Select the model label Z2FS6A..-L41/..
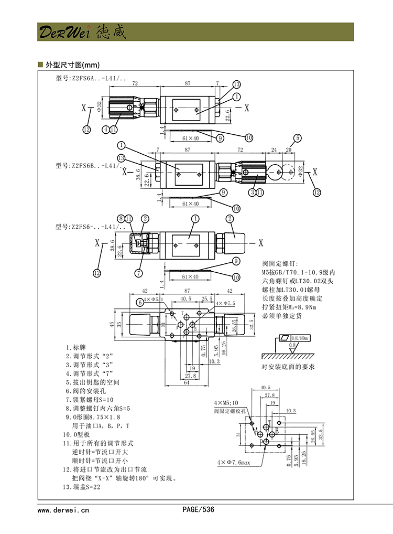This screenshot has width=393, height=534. click(x=90, y=79)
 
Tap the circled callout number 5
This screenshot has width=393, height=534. click(x=298, y=138)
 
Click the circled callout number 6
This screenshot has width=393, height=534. click(x=139, y=302)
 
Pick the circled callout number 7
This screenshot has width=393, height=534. click(x=139, y=272)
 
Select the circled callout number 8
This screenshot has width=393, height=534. click(x=121, y=219)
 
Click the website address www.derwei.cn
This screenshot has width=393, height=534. click(x=63, y=509)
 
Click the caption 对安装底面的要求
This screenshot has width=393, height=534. click(x=288, y=367)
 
